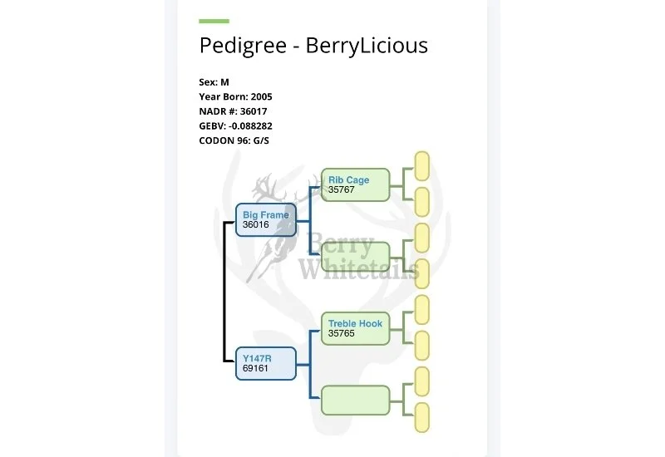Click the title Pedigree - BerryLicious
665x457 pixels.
(x=313, y=45)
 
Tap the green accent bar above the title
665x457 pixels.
(x=214, y=21)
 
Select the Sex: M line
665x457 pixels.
(x=214, y=82)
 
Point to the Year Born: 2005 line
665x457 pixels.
(x=235, y=96)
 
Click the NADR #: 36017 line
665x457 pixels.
(x=234, y=111)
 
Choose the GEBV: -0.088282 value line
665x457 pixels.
(x=236, y=125)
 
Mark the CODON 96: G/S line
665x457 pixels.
(x=234, y=140)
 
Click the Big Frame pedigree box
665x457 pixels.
(x=266, y=219)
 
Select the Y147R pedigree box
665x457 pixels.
(x=266, y=363)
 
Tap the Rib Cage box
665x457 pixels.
(x=356, y=184)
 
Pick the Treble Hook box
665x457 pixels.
(x=356, y=327)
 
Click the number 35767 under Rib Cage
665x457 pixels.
(x=342, y=190)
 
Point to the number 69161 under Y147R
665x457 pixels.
(x=256, y=368)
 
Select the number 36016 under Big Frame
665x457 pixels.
(x=256, y=224)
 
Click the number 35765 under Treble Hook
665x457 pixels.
(x=342, y=333)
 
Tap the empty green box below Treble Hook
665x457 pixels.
(x=356, y=400)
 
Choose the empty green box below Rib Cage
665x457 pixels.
(x=356, y=256)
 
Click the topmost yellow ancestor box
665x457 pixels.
(x=421, y=165)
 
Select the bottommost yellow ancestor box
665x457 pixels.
(x=421, y=416)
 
